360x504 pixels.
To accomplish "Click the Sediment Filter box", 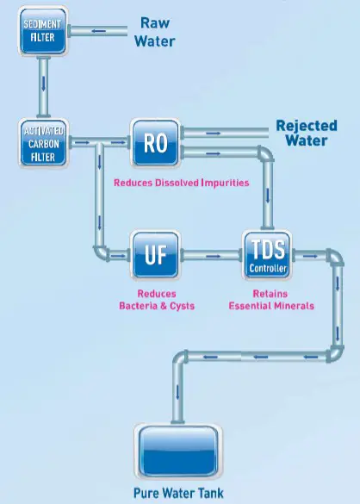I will (x=40, y=32).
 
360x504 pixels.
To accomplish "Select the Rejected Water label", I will (x=306, y=134).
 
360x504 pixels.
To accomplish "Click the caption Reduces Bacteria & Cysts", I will (x=156, y=298).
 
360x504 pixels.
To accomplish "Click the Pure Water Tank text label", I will (x=180, y=495).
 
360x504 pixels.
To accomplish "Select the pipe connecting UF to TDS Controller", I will (x=211, y=254).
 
